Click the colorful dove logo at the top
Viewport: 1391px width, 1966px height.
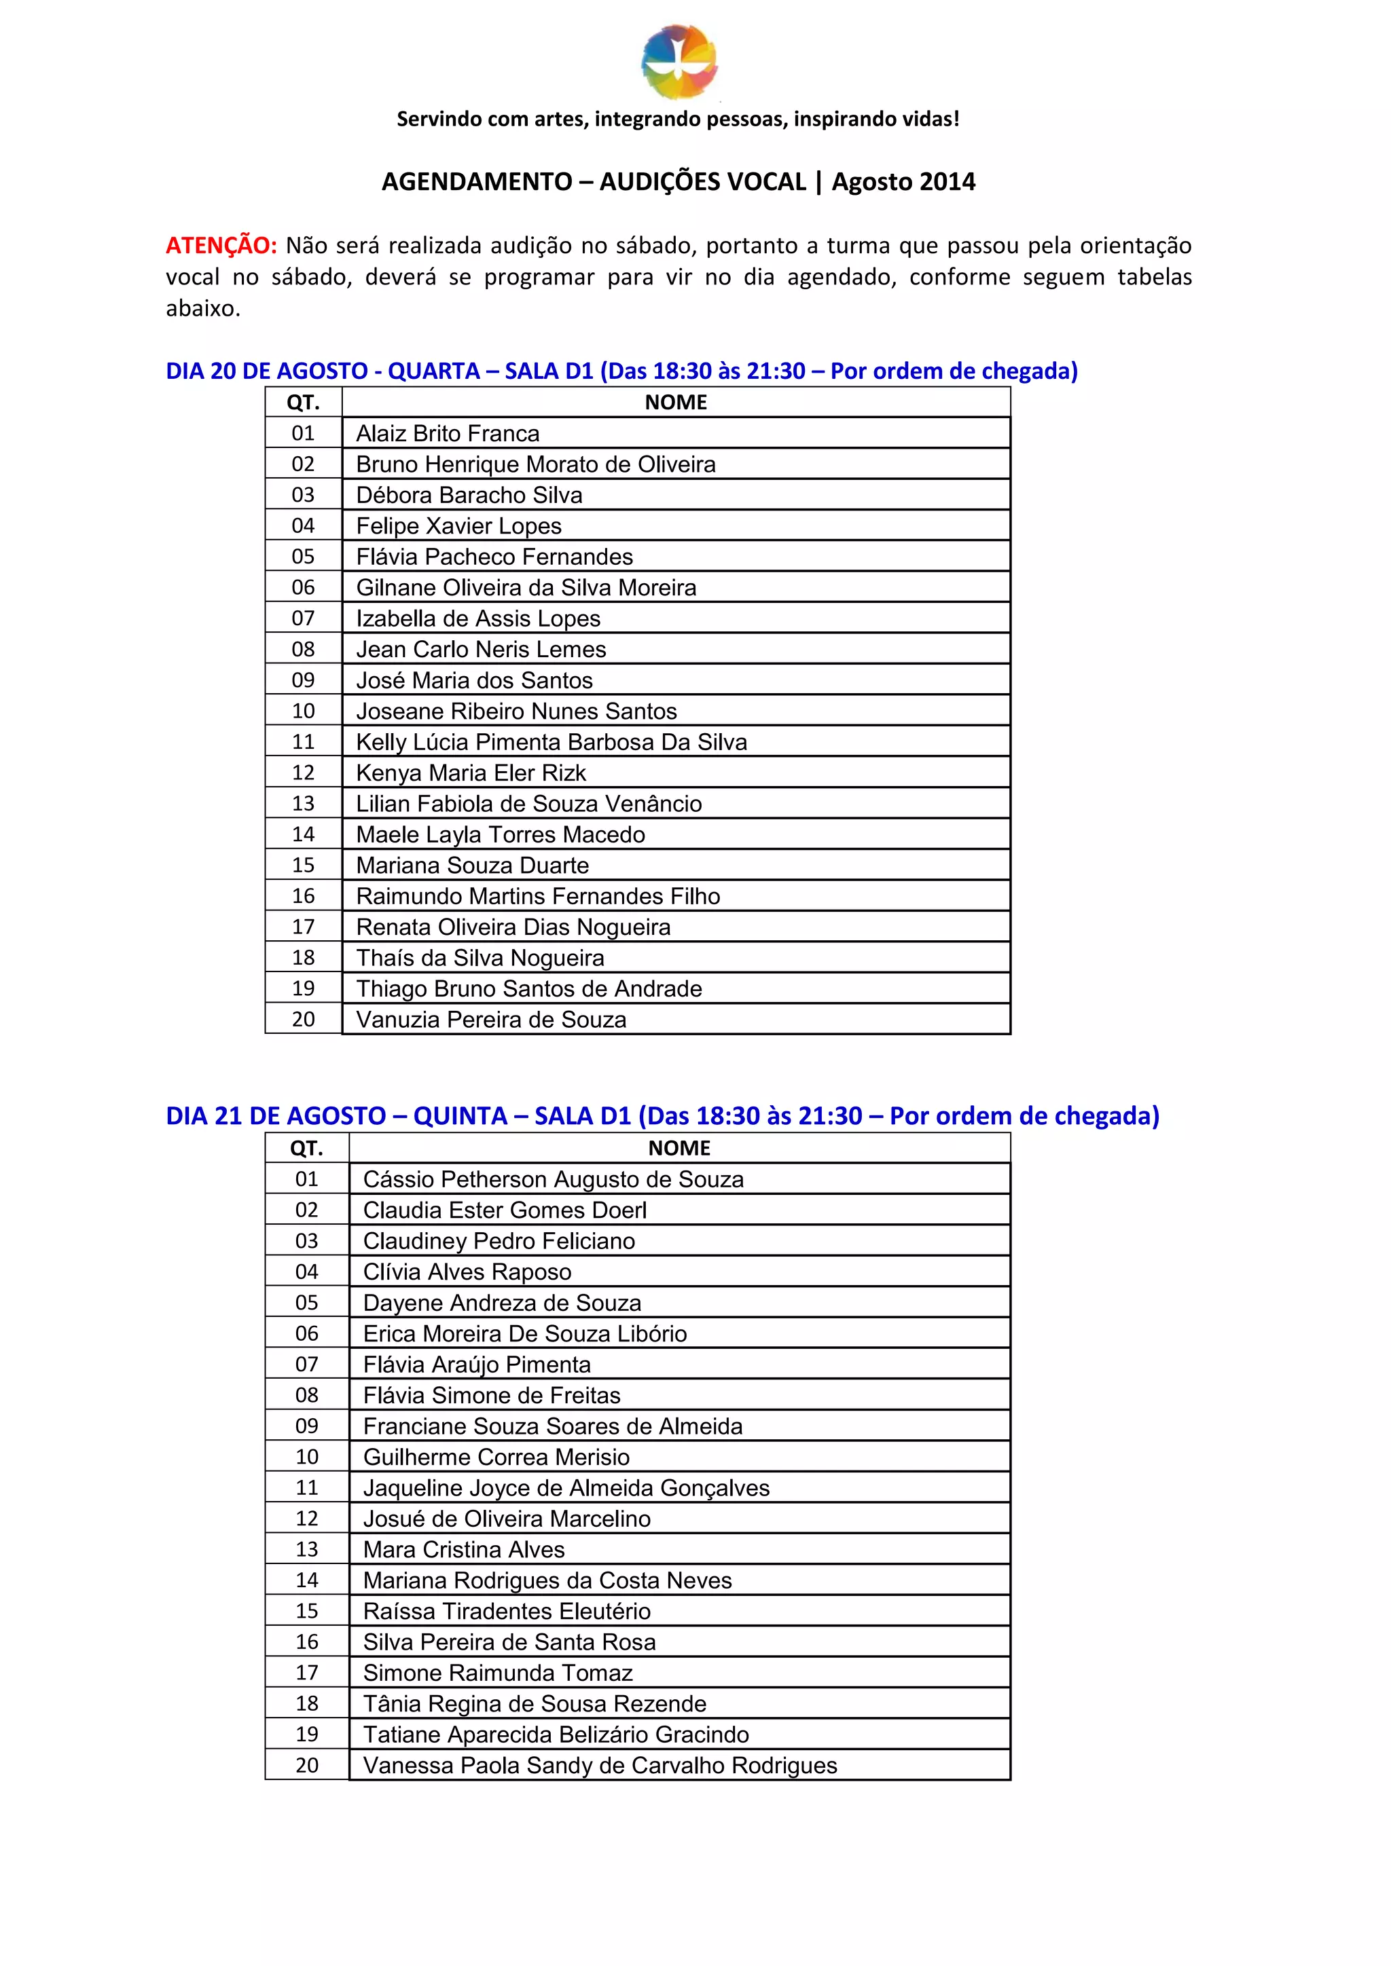coord(679,61)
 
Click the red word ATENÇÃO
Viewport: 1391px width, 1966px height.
coord(221,246)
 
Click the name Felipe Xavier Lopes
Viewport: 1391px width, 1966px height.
coord(458,525)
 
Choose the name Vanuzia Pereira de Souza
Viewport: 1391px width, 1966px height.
coord(491,1019)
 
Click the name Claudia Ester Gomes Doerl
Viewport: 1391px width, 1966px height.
coord(505,1210)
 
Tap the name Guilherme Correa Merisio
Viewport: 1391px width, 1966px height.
coord(496,1457)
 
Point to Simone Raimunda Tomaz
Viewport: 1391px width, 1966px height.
coord(498,1672)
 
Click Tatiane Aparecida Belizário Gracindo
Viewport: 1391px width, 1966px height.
coord(556,1734)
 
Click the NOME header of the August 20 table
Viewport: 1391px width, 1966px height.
coord(676,403)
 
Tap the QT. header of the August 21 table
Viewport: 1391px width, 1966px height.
coord(306,1148)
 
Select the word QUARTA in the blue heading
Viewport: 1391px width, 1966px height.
coord(433,371)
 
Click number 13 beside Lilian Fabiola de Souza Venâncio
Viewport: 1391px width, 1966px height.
coord(303,803)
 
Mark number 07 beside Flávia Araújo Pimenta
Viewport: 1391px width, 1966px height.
coord(306,1364)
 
